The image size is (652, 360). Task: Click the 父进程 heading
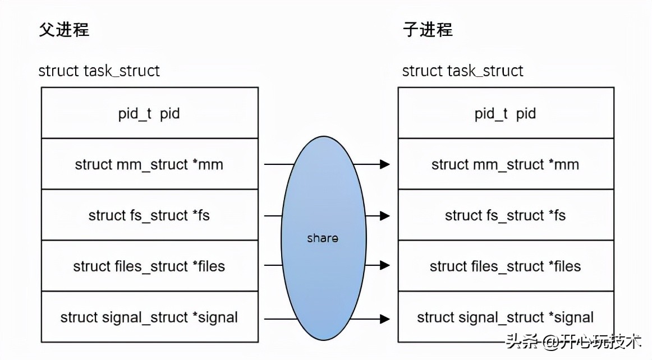[64, 29]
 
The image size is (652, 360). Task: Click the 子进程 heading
[428, 29]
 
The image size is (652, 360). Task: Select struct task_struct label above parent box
[99, 71]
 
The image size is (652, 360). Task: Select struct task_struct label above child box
[462, 71]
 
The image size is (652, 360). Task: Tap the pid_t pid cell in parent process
[149, 114]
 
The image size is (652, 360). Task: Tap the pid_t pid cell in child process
[505, 114]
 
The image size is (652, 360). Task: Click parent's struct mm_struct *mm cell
[149, 165]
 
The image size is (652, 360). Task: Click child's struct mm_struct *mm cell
[505, 165]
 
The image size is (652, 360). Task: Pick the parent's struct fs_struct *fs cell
[149, 216]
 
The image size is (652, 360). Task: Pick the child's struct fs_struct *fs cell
[505, 216]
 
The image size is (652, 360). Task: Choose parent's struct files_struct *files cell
[149, 266]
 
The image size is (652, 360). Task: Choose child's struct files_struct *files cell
[505, 266]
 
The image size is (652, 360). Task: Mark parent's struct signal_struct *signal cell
[149, 317]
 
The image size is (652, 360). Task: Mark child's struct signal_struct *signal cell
[505, 317]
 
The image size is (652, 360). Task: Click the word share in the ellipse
[323, 238]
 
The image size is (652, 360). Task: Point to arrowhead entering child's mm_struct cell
[385, 164]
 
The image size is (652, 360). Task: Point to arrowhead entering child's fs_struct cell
[385, 216]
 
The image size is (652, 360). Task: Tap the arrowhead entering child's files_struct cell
[385, 265]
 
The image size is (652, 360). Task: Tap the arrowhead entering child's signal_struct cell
[385, 319]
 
